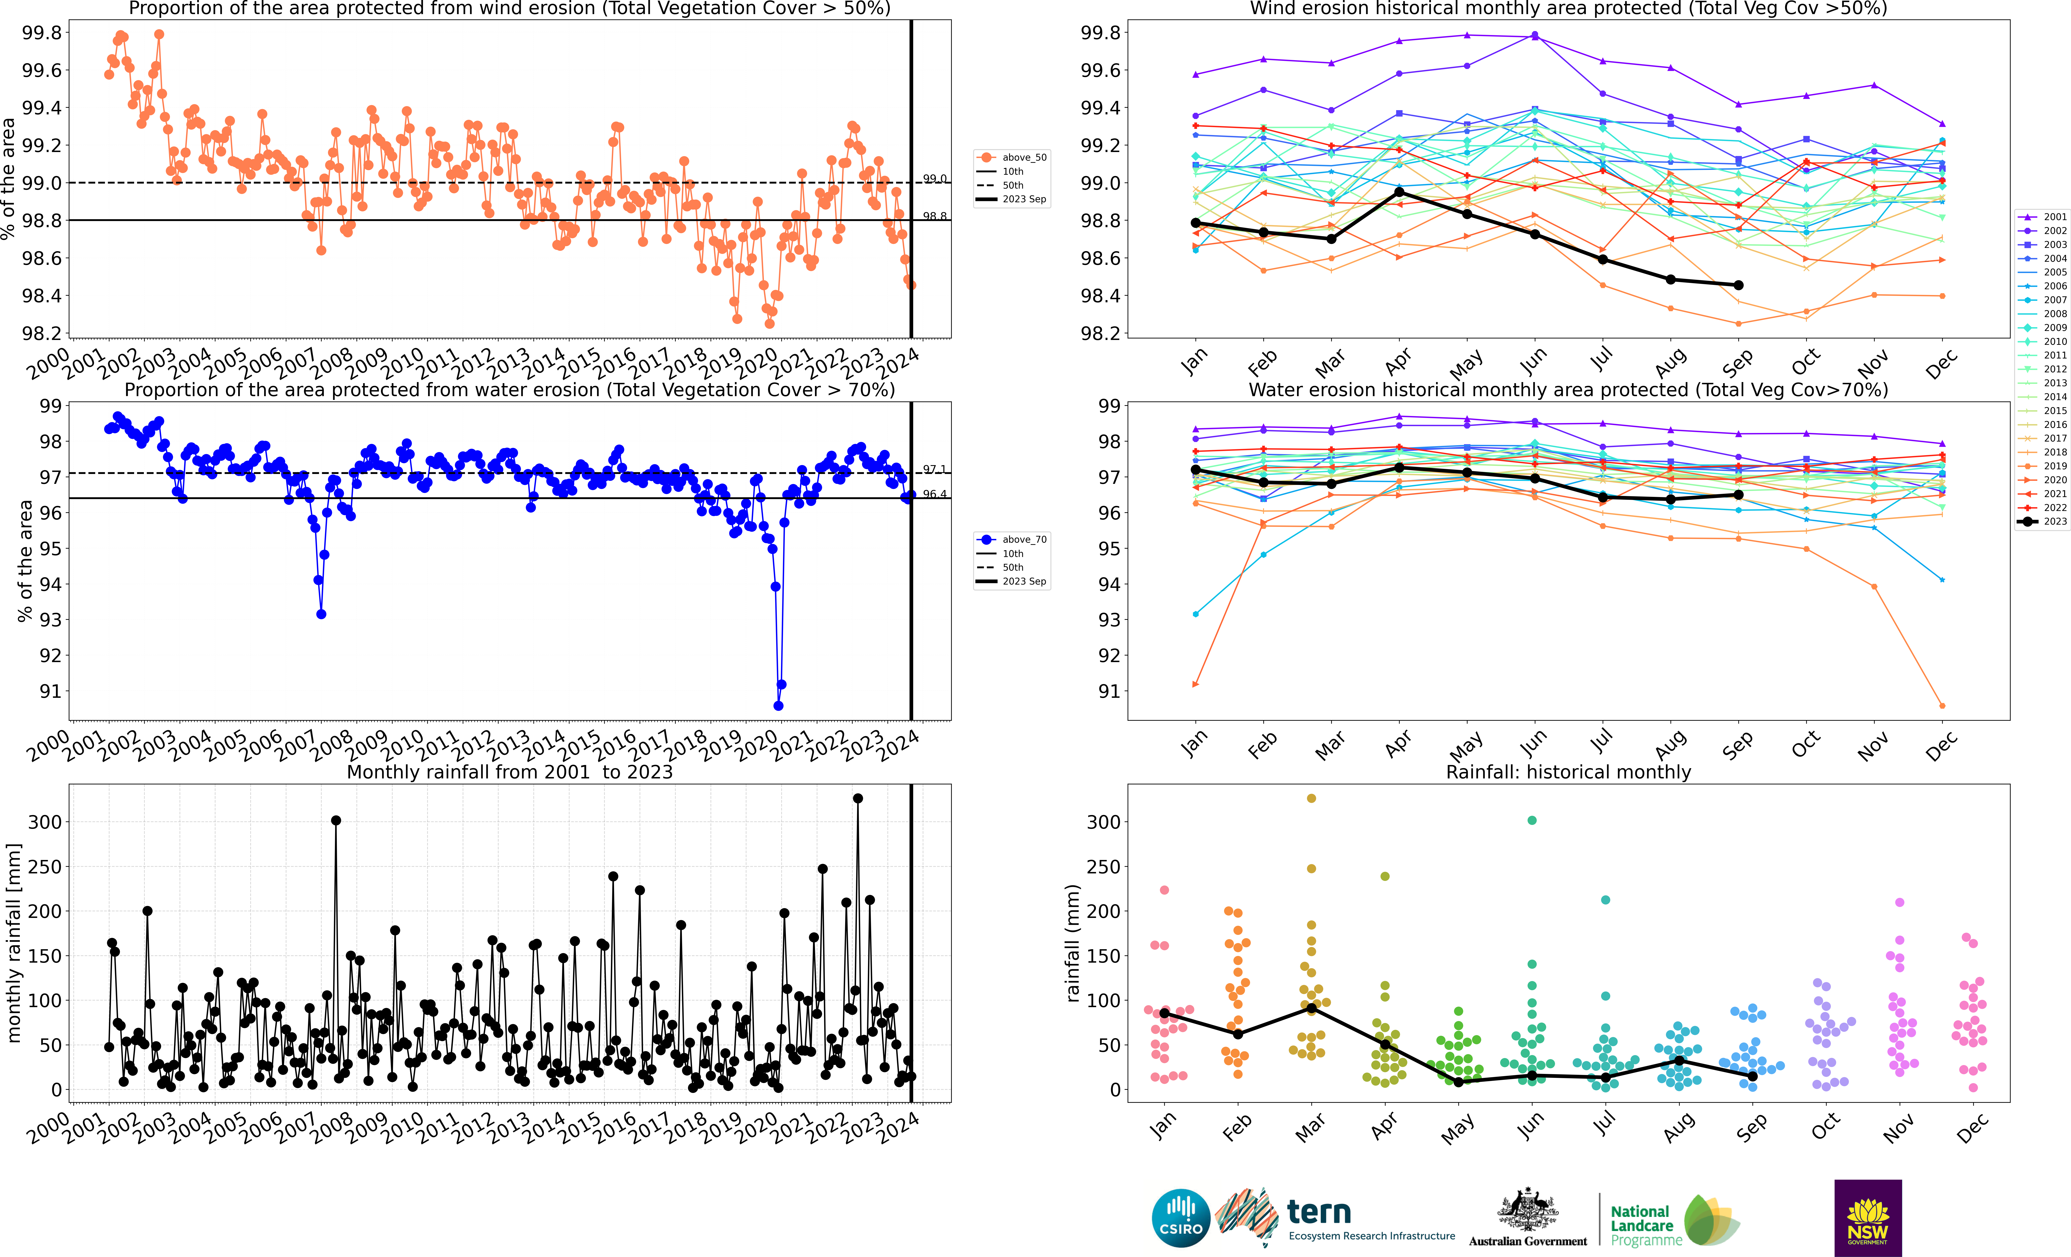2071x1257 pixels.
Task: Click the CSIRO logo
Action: [x=1181, y=1218]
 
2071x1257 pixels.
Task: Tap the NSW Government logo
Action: [x=1868, y=1218]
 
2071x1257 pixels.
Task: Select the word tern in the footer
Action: [x=1319, y=1212]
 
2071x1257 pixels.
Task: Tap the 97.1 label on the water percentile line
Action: [x=935, y=469]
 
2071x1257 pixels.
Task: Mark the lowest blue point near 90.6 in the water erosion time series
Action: [x=778, y=706]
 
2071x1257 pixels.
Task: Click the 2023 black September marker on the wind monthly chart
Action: [x=1738, y=285]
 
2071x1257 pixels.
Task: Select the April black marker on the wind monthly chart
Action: [x=1399, y=193]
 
